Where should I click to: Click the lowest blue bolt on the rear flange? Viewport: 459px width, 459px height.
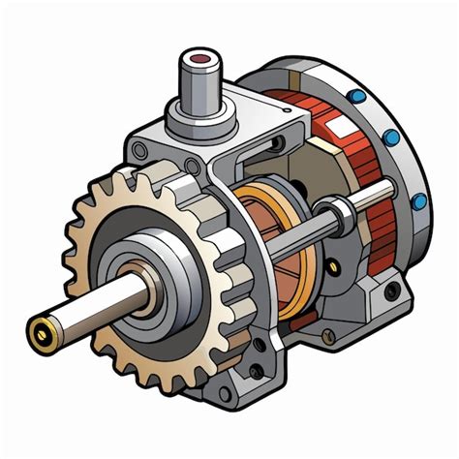419,201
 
